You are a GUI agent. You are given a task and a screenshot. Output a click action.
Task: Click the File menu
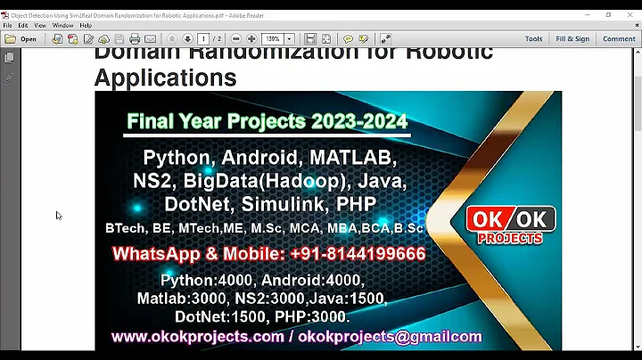(x=8, y=25)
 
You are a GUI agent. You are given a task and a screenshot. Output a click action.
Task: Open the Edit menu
(x=24, y=25)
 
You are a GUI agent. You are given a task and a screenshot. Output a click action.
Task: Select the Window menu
(x=62, y=25)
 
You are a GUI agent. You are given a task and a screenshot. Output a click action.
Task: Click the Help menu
(x=86, y=25)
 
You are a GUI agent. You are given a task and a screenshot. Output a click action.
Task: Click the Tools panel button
(x=533, y=39)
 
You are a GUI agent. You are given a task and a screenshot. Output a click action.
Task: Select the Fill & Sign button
(x=572, y=39)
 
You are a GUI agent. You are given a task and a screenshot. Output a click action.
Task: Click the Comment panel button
(x=619, y=39)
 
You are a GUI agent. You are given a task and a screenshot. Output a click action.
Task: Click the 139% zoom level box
(x=274, y=39)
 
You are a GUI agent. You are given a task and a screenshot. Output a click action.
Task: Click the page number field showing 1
(x=203, y=39)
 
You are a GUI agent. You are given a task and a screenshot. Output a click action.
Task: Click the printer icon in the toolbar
(x=135, y=39)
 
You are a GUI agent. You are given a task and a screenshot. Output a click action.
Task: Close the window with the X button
(x=631, y=14)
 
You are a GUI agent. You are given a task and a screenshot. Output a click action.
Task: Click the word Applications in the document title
(x=165, y=78)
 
